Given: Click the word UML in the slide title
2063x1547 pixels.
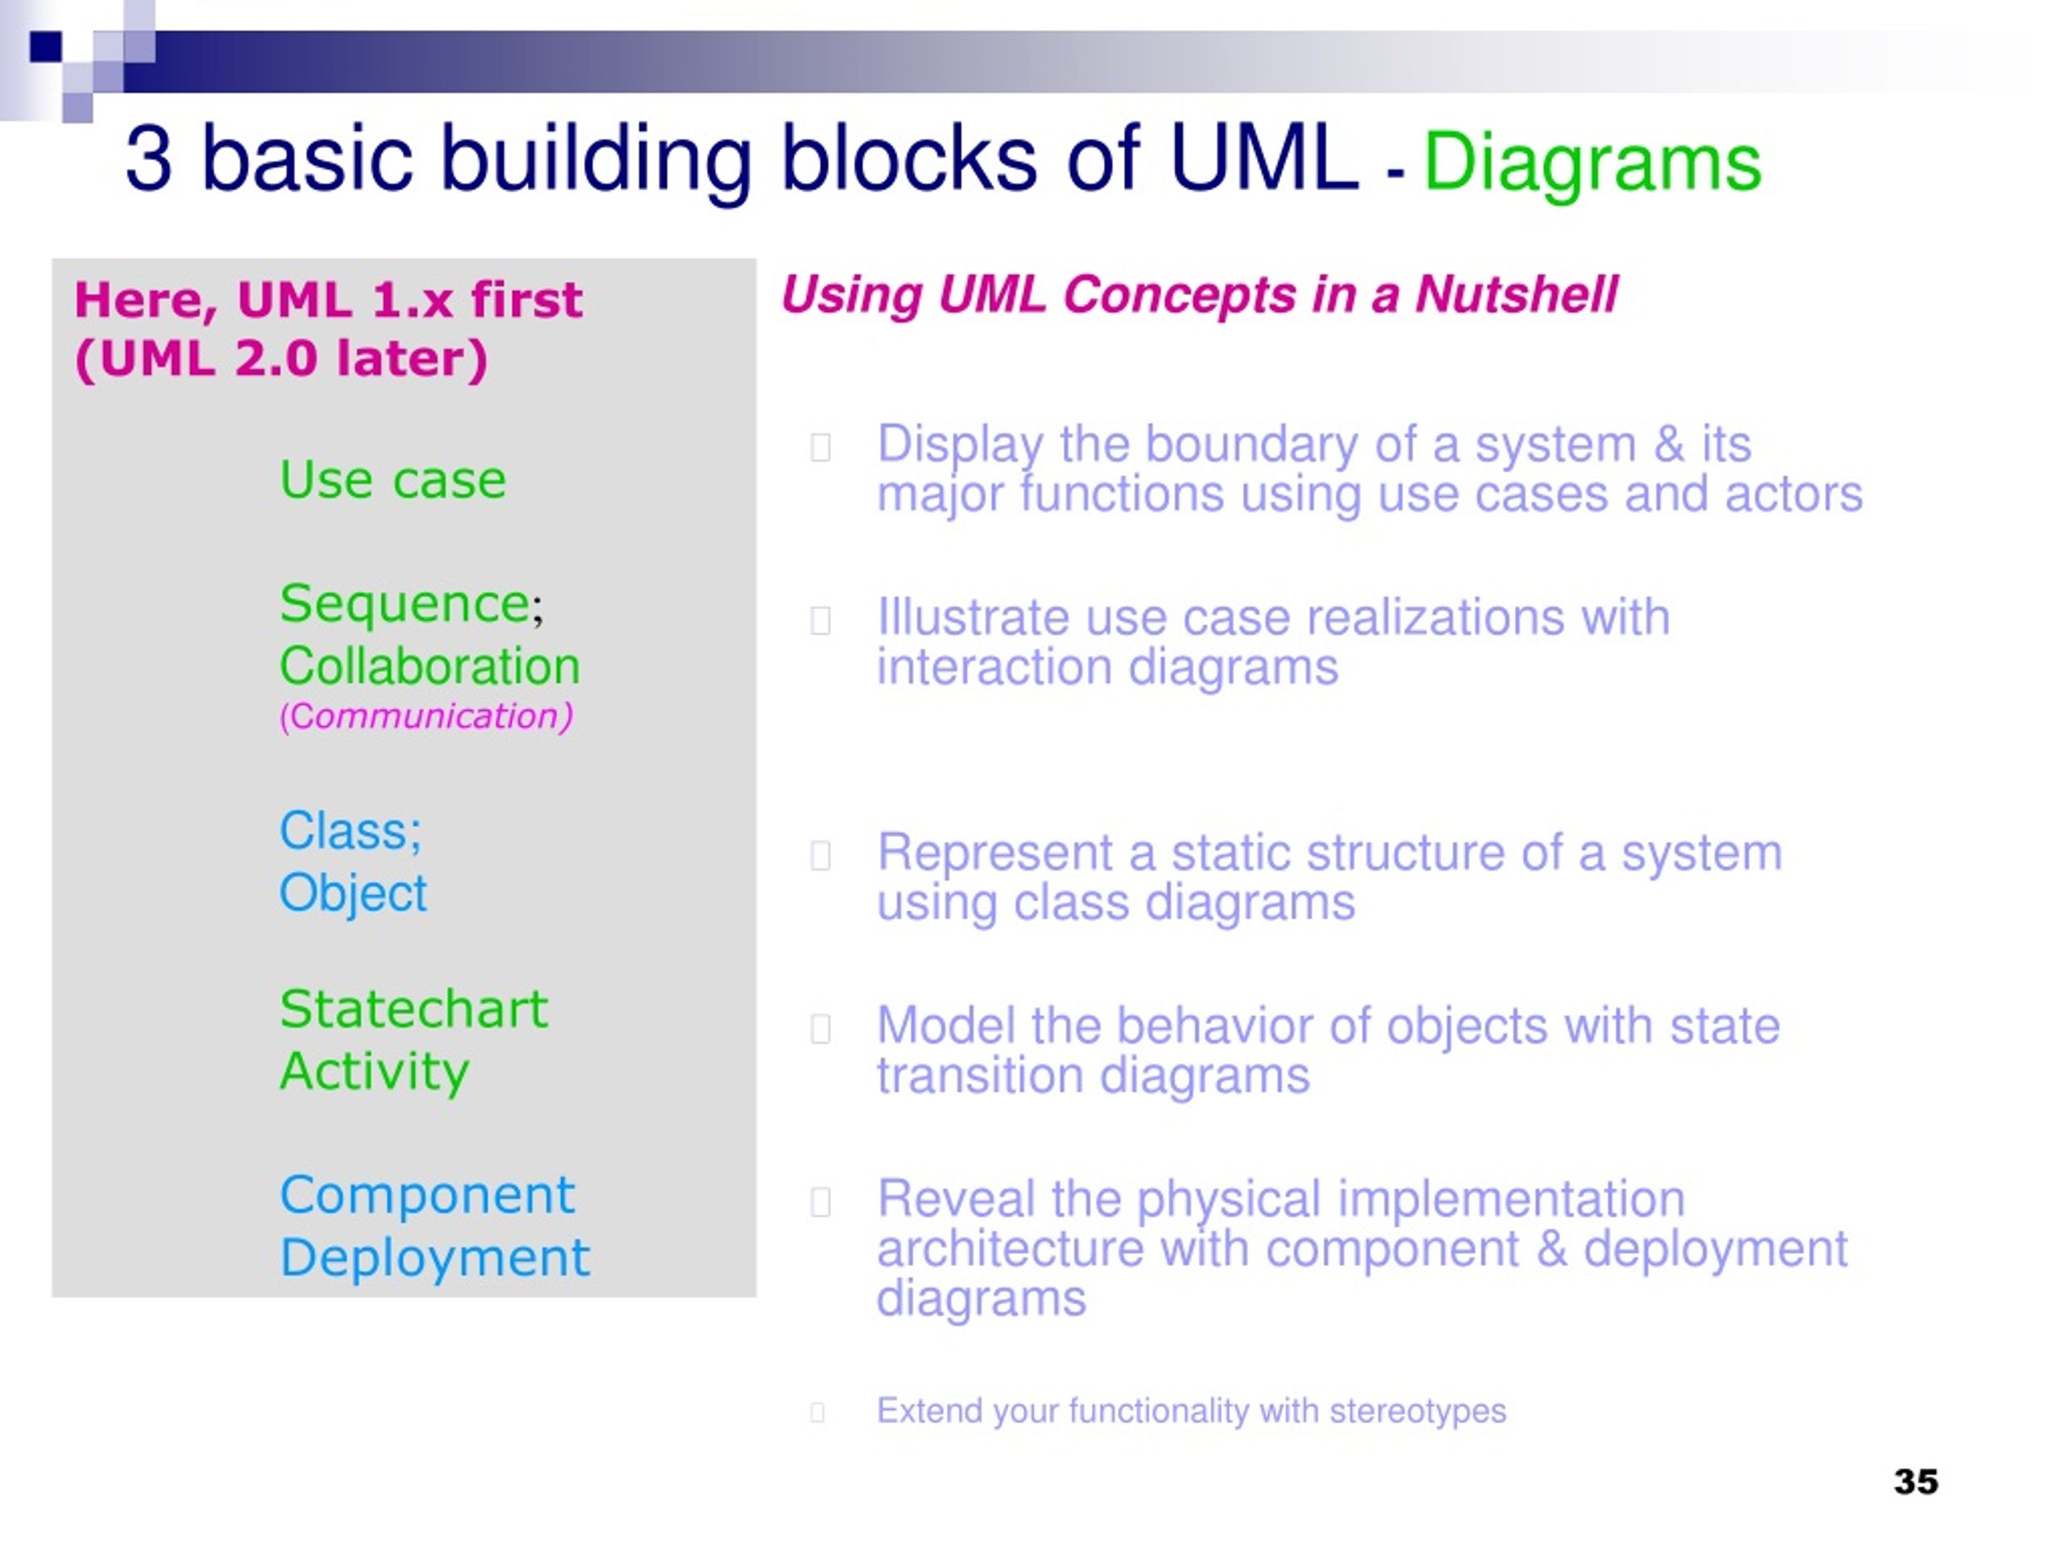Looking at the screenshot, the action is [1264, 158].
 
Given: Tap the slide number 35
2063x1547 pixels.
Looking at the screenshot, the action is [1916, 1482].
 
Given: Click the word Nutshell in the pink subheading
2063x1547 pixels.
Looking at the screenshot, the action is [1517, 295].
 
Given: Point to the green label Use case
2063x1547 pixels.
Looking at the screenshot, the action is [392, 479].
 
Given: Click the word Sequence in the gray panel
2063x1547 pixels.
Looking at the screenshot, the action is [405, 603].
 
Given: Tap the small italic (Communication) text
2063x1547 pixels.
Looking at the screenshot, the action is [426, 716].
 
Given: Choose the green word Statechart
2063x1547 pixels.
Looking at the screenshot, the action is [413, 1008].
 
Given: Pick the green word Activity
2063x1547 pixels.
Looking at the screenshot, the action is [374, 1072].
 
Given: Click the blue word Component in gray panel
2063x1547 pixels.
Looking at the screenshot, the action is [427, 1196].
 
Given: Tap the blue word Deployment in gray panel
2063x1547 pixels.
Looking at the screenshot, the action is [434, 1258].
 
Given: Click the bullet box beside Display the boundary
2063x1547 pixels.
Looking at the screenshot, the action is [820, 448].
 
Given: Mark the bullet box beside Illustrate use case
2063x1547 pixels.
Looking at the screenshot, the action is [820, 620].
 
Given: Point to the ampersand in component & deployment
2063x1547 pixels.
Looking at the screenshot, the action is [1552, 1249].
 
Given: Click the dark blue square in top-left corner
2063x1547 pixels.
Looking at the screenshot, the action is [46, 47].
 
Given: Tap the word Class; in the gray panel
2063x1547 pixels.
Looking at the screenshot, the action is [351, 831].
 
